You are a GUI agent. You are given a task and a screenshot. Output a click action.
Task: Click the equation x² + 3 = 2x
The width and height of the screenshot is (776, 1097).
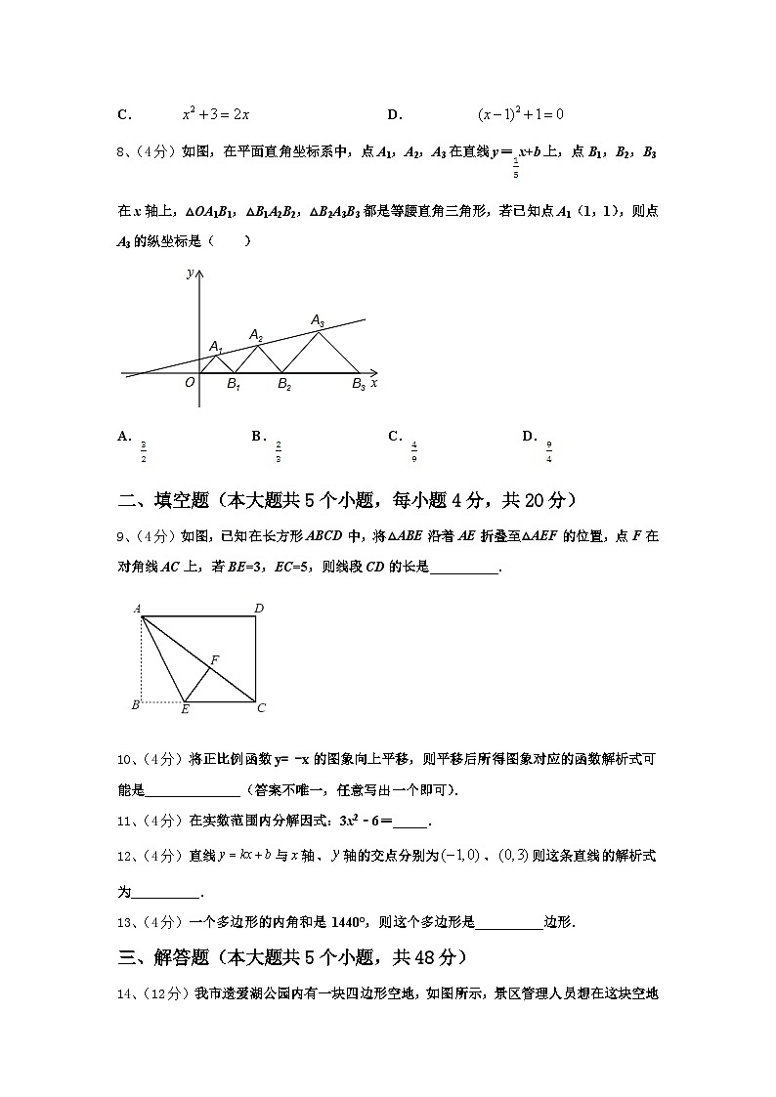216,114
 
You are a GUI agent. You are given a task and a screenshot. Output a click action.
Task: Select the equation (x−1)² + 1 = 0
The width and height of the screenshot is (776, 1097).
521,114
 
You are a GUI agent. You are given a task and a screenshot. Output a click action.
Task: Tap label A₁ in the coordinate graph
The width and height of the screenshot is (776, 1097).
216,346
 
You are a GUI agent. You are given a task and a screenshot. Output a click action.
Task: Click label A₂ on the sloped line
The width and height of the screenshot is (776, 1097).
256,335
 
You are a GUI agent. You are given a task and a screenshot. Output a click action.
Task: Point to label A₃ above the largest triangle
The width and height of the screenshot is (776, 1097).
318,319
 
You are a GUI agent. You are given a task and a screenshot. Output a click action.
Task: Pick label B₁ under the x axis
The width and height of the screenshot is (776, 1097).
234,385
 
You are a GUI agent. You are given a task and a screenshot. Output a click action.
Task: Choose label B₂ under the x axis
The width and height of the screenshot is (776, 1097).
284,385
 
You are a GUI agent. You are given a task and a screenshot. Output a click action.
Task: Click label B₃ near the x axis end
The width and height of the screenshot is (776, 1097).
359,385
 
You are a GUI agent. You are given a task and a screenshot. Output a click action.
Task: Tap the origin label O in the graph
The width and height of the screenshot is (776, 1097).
190,383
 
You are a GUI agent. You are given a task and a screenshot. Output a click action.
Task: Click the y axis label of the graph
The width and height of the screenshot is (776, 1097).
190,274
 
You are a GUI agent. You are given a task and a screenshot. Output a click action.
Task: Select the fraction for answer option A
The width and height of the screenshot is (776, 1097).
144,451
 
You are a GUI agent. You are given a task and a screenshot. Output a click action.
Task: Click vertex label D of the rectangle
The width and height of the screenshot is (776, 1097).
259,609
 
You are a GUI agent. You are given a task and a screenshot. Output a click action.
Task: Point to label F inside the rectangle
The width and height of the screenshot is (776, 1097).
214,660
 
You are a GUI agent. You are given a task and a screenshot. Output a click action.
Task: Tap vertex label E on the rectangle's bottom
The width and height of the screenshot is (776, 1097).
185,709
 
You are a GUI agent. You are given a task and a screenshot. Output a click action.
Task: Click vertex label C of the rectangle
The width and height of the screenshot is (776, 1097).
261,708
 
